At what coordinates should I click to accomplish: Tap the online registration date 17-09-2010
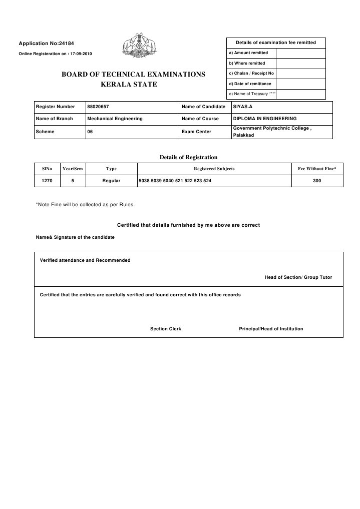[80, 54]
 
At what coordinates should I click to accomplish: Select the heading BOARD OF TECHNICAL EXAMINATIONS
[133, 74]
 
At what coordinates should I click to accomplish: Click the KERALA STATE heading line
[129, 84]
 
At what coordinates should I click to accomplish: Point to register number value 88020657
[98, 107]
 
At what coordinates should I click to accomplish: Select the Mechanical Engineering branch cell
[115, 119]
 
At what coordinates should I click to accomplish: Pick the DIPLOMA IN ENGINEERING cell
[264, 119]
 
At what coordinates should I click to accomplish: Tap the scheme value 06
[90, 131]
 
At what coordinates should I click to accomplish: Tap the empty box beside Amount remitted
[300, 53]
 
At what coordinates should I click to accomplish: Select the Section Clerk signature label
[166, 329]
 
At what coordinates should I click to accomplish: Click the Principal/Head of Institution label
[271, 329]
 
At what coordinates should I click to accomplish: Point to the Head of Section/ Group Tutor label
[298, 277]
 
